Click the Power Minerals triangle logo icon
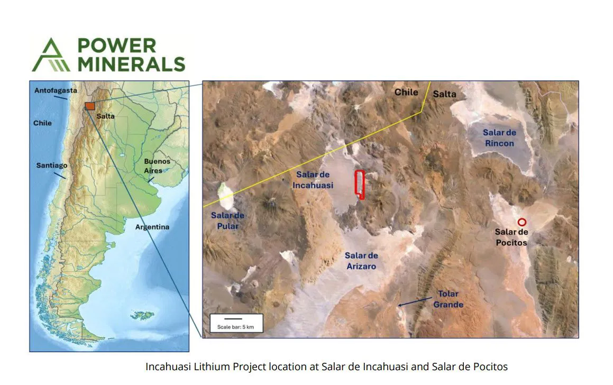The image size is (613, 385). [x=50, y=54]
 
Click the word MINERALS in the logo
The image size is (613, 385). [x=131, y=64]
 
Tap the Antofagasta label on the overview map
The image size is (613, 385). [x=52, y=90]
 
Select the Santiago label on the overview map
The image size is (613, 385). [x=52, y=165]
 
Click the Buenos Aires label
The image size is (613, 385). [x=157, y=166]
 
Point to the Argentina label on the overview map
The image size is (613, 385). [x=152, y=227]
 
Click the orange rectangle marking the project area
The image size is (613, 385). [x=90, y=105]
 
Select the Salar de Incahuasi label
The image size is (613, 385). [x=313, y=180]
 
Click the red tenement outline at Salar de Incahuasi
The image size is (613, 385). [x=360, y=185]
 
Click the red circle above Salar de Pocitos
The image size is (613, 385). [x=521, y=222]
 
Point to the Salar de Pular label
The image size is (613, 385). [x=227, y=221]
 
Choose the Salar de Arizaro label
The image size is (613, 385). [x=361, y=261]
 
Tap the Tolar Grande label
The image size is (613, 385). [x=448, y=299]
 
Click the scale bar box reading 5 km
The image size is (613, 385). [x=236, y=323]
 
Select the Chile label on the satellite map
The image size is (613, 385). [x=406, y=92]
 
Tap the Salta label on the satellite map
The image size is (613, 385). [x=444, y=94]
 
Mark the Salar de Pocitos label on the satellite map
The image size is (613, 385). [x=511, y=237]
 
